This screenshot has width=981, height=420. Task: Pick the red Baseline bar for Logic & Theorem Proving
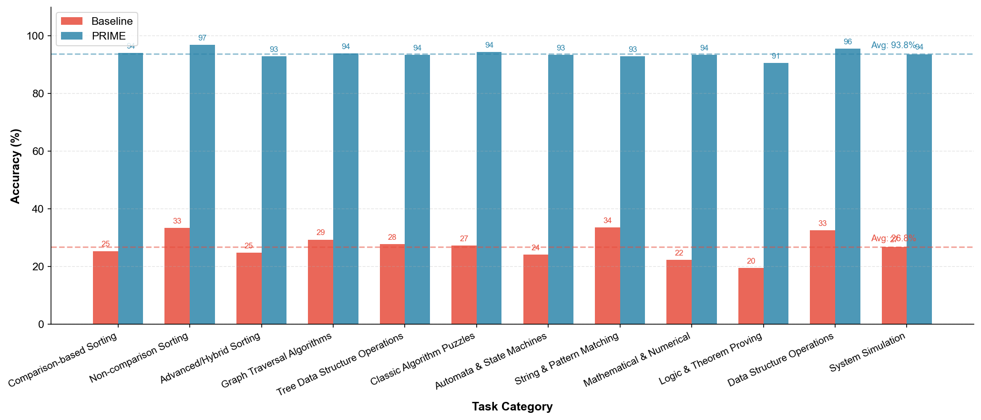point(751,296)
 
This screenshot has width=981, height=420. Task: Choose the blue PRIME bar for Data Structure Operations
point(848,186)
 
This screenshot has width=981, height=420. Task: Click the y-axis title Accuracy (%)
point(15,166)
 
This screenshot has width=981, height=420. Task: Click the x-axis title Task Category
point(512,407)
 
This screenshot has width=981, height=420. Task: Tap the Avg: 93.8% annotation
point(893,45)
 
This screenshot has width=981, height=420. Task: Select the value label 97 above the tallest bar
point(202,38)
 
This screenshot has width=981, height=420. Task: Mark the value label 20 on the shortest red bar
point(751,261)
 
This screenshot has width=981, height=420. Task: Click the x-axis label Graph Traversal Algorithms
point(276,360)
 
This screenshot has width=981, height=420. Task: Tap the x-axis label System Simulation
point(868,353)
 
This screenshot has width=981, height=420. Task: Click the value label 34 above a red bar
point(607,221)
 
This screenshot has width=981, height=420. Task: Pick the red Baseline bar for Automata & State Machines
point(536,289)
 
